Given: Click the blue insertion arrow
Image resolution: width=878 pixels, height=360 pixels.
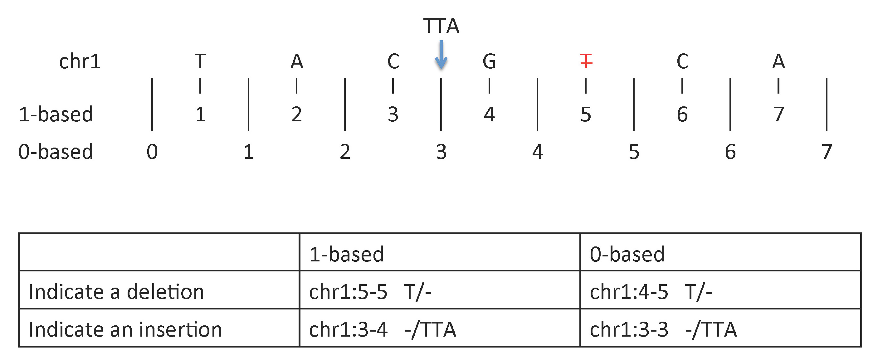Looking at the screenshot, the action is tap(441, 55).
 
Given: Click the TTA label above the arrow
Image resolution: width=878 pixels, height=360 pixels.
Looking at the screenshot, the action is tap(441, 26).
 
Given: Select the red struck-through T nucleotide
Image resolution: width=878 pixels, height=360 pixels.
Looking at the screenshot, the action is tap(586, 61).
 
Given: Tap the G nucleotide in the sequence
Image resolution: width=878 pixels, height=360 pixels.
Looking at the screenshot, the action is tap(489, 61).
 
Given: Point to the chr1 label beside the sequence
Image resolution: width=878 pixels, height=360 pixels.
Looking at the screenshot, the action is tap(80, 61).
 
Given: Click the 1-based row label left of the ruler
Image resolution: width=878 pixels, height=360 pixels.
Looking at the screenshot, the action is tap(56, 114).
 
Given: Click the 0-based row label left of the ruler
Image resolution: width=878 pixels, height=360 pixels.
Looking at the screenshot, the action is tap(56, 152).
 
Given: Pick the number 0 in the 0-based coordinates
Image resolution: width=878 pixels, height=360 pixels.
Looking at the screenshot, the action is tap(152, 152).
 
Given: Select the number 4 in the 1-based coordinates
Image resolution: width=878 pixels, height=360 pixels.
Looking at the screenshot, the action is tap(489, 114).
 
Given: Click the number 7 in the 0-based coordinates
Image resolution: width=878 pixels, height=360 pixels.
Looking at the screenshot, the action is tap(827, 152).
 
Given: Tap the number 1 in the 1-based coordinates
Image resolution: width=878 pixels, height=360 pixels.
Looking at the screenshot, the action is tap(200, 114).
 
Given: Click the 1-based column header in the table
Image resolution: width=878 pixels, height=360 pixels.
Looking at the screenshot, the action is tap(347, 254).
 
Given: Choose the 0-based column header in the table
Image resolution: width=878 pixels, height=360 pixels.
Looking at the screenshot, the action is tap(627, 254).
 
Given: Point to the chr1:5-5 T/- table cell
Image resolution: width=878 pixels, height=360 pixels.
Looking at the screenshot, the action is tap(370, 292).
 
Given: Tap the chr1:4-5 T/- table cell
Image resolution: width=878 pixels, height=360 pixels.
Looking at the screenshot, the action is tap(651, 292).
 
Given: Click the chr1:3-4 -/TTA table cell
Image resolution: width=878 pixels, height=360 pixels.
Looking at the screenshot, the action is tap(383, 330).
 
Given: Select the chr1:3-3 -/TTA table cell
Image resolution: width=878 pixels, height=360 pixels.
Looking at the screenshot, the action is tap(663, 330).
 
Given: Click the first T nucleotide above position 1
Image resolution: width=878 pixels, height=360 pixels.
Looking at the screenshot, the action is tap(200, 61).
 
